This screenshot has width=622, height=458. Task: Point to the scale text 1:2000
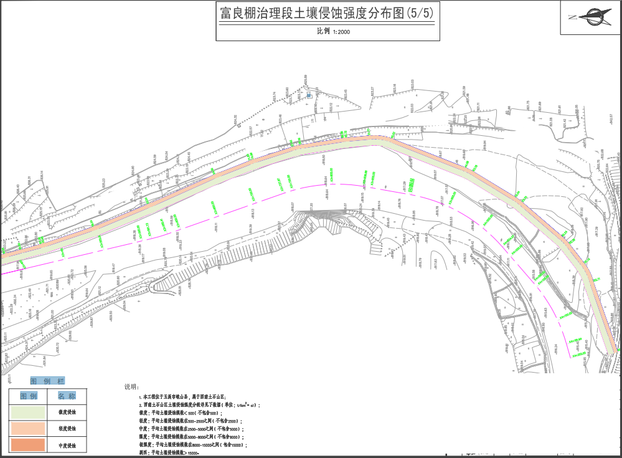[x=342, y=31]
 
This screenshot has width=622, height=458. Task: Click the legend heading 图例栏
[x=47, y=381]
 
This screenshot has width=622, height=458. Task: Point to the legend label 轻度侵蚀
[x=67, y=429]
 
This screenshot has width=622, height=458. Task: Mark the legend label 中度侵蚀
[x=67, y=445]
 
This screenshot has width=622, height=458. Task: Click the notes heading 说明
[x=134, y=387]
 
